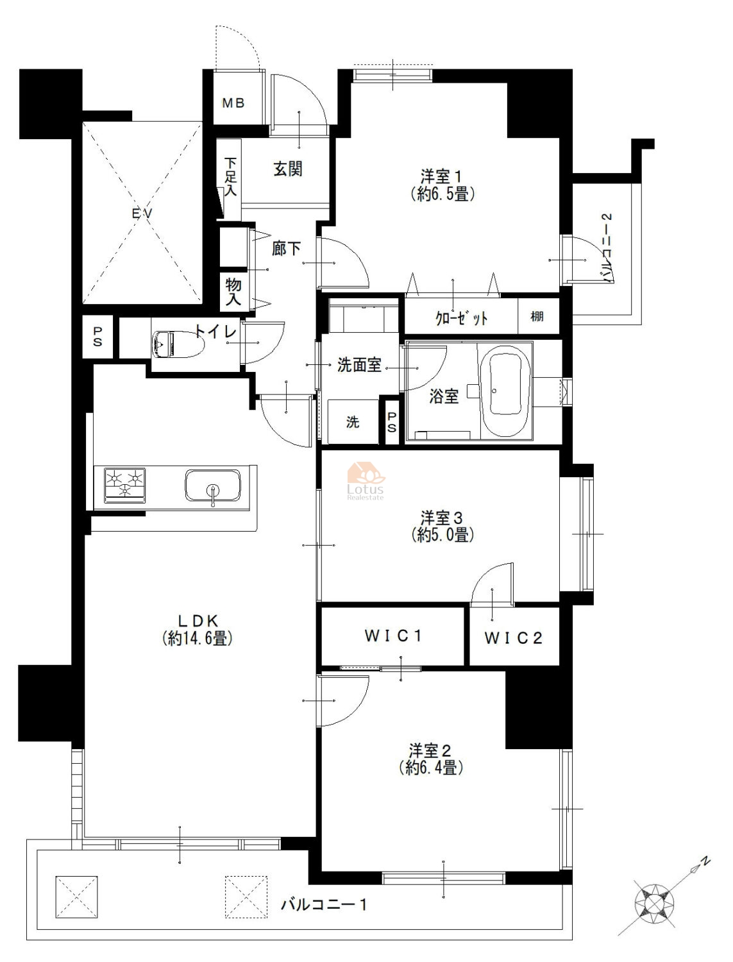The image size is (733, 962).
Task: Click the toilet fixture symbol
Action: point(178,343)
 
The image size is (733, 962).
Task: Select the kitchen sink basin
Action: point(212,485)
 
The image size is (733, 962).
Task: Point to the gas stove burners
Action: point(125,485)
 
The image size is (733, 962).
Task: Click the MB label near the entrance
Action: point(233,103)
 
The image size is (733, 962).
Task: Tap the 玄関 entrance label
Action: point(288,169)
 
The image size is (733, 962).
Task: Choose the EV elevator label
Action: point(142,214)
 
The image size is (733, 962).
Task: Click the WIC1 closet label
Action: point(393,636)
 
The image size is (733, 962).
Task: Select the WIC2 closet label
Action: point(513,637)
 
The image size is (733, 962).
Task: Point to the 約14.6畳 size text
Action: point(197,638)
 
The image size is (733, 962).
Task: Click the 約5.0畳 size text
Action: point(442,535)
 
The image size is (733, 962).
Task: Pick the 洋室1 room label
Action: point(441,177)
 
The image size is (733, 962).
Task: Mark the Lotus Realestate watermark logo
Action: point(366,481)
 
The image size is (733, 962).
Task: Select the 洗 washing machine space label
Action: point(353,421)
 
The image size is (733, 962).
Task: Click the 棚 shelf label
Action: point(537,316)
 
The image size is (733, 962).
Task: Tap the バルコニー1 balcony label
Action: point(324,904)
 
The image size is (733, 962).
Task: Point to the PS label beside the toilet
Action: point(97,336)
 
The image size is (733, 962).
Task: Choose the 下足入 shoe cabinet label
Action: point(231,176)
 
